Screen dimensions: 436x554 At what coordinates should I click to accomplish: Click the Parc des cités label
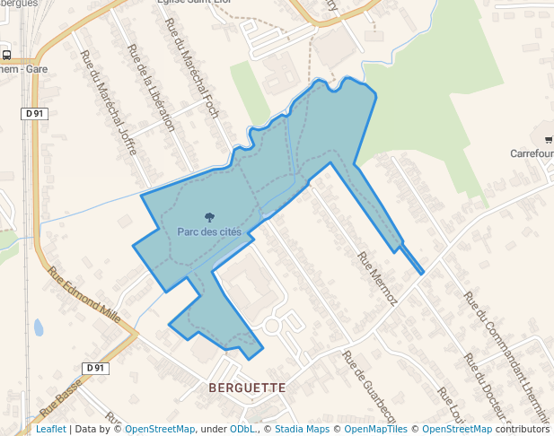(209, 232)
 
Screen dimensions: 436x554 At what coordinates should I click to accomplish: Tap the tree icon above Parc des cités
(209, 217)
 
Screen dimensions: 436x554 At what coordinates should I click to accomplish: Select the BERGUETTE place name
(247, 388)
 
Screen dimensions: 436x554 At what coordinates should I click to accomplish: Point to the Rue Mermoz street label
(377, 279)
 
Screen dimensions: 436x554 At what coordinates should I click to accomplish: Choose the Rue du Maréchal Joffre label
(109, 102)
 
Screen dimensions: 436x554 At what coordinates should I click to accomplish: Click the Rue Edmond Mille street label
(84, 295)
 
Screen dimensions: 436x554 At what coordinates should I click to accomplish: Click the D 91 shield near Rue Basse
(95, 368)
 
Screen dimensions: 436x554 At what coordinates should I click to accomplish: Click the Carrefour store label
(532, 153)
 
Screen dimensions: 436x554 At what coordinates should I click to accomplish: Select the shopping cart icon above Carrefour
(548, 138)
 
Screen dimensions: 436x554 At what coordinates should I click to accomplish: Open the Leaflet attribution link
(50, 429)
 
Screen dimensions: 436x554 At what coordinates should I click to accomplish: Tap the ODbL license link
(242, 429)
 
